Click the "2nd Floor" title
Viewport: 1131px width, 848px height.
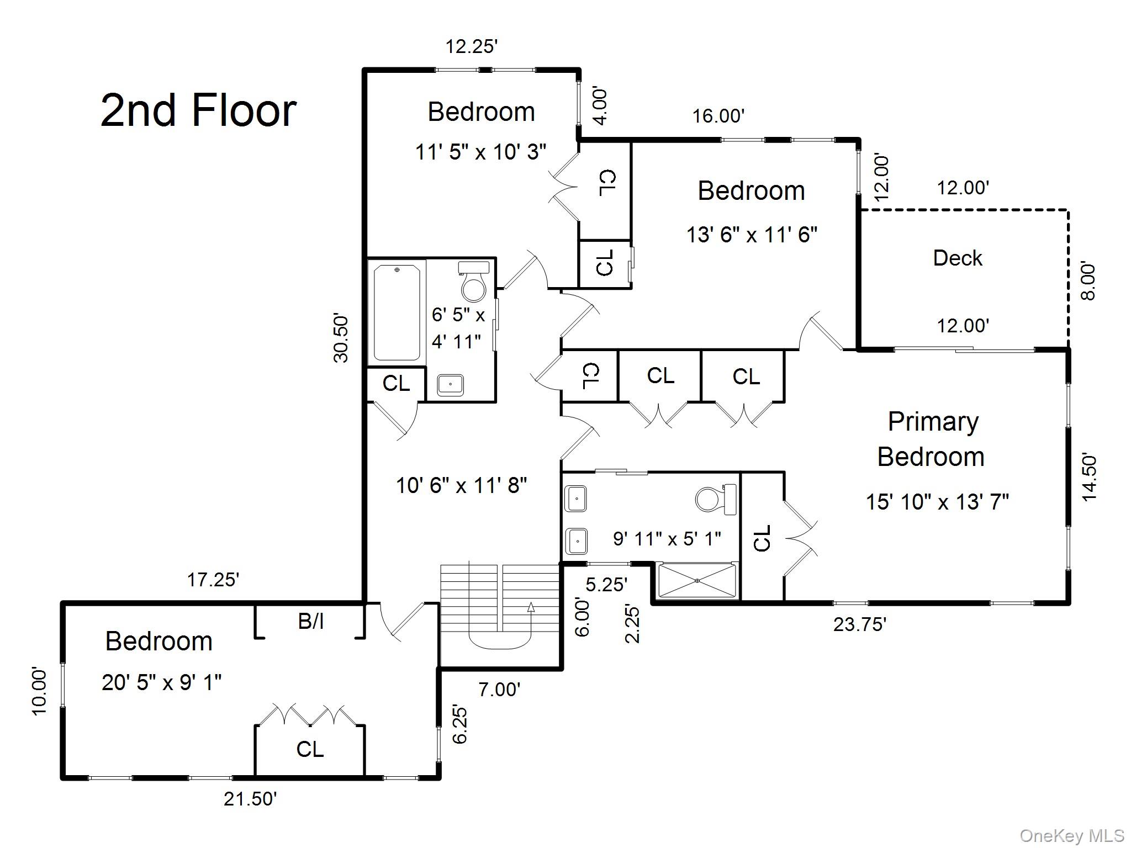(x=198, y=110)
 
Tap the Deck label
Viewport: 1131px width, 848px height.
(x=958, y=258)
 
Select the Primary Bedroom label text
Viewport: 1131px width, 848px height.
(x=932, y=439)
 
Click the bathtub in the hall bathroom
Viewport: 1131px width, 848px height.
(x=397, y=312)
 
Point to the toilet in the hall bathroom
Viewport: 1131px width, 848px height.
(x=473, y=282)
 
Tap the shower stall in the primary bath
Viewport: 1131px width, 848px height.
(x=697, y=580)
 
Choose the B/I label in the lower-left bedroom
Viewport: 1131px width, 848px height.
(x=310, y=622)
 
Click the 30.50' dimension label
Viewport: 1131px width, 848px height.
(x=341, y=338)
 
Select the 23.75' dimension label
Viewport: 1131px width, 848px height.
(x=859, y=624)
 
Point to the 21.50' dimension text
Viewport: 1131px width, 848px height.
(x=250, y=799)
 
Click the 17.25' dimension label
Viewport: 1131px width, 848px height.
(x=213, y=580)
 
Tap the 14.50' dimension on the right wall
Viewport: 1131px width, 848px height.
(x=1089, y=477)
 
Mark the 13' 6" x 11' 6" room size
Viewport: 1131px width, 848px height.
(x=751, y=235)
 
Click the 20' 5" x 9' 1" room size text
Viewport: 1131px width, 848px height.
(x=161, y=683)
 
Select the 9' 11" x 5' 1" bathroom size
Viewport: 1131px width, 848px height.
(x=667, y=538)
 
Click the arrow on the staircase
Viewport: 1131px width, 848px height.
(x=531, y=608)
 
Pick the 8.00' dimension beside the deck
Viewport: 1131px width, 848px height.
(x=1087, y=280)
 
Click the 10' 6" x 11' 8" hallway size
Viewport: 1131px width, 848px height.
(x=461, y=486)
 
